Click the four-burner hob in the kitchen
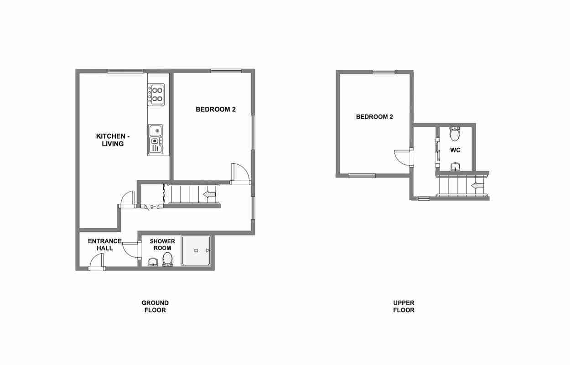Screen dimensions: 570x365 coord(156,94)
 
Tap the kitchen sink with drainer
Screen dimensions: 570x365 coord(155,140)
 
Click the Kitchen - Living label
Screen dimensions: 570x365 coord(113,140)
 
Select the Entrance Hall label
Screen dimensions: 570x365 coord(104,245)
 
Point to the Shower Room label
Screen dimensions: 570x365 coord(162,245)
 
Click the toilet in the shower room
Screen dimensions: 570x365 coord(167,259)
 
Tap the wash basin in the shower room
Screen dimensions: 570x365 coord(153,262)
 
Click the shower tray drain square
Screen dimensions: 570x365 coord(196,250)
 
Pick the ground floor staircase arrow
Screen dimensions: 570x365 coord(209,195)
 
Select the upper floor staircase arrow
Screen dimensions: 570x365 coord(477,186)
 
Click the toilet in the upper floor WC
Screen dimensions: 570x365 coord(455,134)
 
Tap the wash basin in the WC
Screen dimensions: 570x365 coord(455,167)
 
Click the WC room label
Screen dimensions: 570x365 coord(455,150)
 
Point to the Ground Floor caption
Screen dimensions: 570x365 coord(155,307)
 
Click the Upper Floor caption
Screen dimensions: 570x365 coord(404,307)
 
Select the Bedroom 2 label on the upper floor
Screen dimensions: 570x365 coord(374,117)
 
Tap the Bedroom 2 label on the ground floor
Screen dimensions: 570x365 coord(216,109)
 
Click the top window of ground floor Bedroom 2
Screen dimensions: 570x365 coord(226,71)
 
